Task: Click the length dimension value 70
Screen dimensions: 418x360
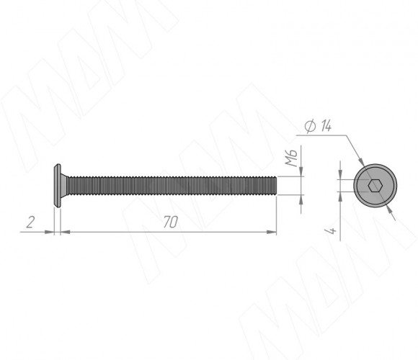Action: (170, 222)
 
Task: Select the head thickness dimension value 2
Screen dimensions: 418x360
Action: (30, 222)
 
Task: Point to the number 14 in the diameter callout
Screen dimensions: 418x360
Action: (326, 126)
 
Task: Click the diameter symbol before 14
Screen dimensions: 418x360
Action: (311, 127)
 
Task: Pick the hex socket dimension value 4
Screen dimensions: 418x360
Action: (332, 231)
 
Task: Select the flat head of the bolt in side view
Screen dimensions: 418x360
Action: (58, 186)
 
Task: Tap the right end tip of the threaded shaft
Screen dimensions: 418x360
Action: (276, 186)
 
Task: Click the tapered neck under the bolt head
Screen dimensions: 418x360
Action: (63, 186)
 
